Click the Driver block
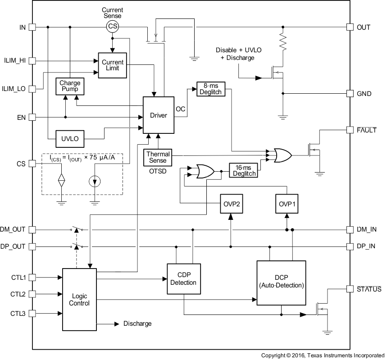158,115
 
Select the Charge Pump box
70,86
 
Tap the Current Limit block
113,65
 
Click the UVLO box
70,139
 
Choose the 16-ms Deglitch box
244,170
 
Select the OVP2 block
231,204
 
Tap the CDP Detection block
183,279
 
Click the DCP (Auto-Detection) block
281,282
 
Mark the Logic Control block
79,300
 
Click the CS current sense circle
113,27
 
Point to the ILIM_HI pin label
14,60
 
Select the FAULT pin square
350,130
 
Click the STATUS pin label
369,289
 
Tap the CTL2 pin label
18,294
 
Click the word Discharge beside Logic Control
137,324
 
